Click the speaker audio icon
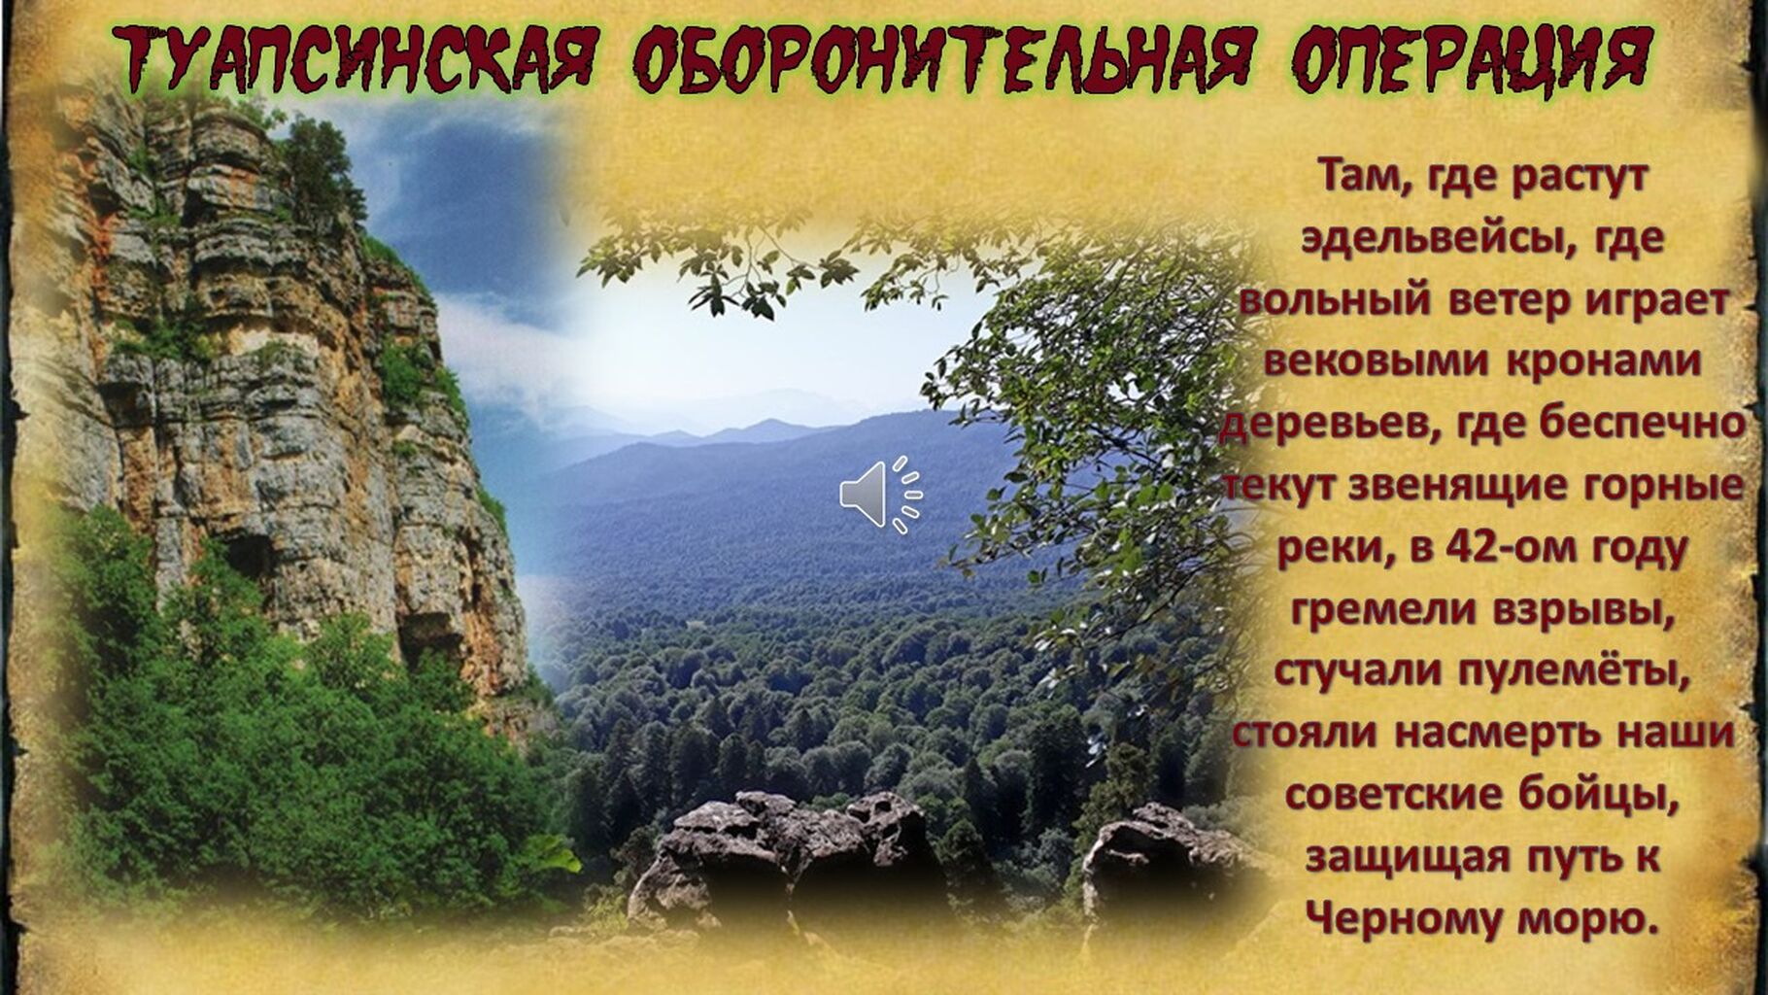click(x=881, y=495)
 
